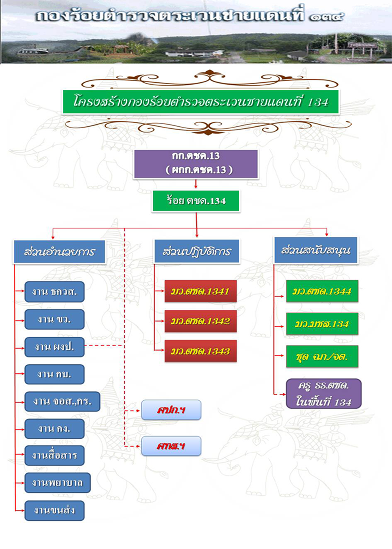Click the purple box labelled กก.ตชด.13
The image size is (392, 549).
pos(196,164)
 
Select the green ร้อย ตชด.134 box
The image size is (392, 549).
pos(196,201)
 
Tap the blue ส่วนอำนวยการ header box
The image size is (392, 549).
pos(60,252)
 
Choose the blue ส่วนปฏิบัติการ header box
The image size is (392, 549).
pos(197,251)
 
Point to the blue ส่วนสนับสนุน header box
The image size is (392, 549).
pos(316,250)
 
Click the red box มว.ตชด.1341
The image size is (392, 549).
pos(200,291)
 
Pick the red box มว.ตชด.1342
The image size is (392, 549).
pos(200,321)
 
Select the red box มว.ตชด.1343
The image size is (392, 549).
pos(200,351)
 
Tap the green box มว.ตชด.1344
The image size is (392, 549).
pos(322,291)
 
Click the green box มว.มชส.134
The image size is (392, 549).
pos(322,324)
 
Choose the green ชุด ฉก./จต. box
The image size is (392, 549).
pos(322,356)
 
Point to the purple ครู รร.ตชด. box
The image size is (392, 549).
pos(323,394)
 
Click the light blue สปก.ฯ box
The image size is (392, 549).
pos(171,410)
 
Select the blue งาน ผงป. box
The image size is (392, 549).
pos(54,347)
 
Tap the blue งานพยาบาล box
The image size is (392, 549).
pos(58,483)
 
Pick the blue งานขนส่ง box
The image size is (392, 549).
pos(54,511)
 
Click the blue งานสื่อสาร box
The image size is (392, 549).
pos(54,456)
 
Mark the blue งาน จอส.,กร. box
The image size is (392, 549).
pos(62,402)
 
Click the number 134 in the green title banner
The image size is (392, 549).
pos(318,102)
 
